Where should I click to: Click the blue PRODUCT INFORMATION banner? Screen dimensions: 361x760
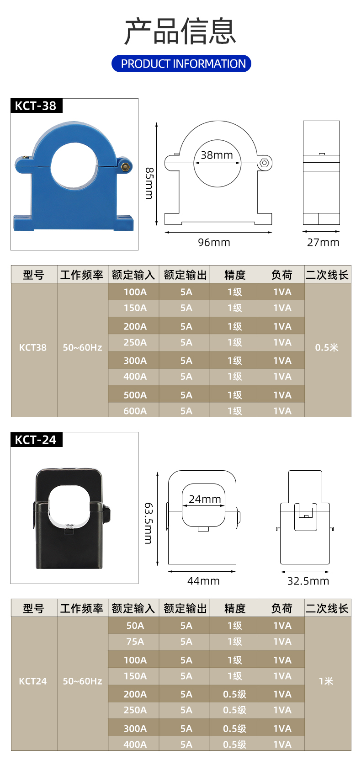coord(181,64)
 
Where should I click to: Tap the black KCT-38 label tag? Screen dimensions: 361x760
coord(36,106)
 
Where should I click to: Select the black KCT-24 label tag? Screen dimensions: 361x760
coord(36,440)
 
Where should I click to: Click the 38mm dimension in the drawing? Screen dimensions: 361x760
coord(217,155)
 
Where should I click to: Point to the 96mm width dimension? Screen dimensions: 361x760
coord(214,242)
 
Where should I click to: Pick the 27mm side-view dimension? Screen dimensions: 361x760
coord(323,242)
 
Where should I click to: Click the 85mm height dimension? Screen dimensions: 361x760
coord(149,183)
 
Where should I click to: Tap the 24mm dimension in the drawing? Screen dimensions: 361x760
coord(205,499)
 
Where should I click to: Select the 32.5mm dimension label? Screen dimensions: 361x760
coord(308,581)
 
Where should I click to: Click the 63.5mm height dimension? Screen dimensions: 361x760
coord(149,523)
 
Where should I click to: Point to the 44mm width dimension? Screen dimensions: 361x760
coord(203,581)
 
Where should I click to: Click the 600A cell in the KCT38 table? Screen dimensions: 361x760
coord(135,411)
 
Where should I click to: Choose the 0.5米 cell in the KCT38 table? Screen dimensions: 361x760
coord(327,348)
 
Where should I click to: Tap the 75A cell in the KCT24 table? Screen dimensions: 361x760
coord(135,642)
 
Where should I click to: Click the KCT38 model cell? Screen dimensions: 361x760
coord(33,348)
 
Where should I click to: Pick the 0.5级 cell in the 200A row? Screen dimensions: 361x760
coord(234,694)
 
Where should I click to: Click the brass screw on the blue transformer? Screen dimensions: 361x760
coord(124,166)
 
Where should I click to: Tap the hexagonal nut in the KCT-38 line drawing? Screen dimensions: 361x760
coord(264,162)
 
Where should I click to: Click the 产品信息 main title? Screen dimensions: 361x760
coord(180,32)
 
